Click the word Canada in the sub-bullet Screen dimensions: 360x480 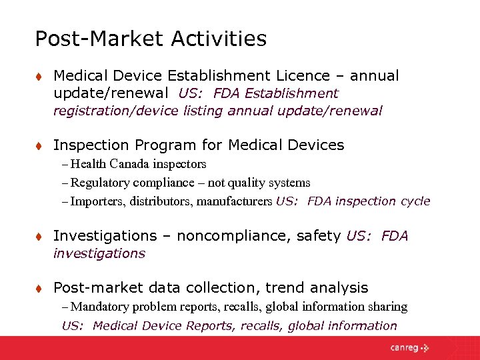click(132, 163)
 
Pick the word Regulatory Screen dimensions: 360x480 click(100, 182)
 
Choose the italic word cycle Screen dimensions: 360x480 click(415, 201)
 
